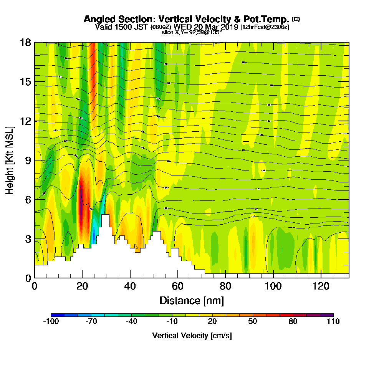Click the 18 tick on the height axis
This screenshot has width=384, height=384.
tap(35, 42)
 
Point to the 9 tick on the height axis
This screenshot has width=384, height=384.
tap(35, 160)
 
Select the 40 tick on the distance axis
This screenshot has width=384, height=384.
tap(130, 278)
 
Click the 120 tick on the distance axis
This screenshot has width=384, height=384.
tap(321, 278)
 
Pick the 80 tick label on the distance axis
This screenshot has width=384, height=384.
tap(225, 286)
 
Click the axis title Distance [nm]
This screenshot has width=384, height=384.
tap(192, 300)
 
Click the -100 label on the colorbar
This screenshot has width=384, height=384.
tap(51, 322)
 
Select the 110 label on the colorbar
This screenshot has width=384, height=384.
tap(333, 322)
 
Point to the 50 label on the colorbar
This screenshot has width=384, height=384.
tap(252, 322)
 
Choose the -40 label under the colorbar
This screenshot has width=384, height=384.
tap(131, 322)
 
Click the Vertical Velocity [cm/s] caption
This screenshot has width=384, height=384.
tap(192, 336)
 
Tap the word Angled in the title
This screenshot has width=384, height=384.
tap(98, 19)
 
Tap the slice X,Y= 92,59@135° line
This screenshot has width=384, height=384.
tap(192, 32)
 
